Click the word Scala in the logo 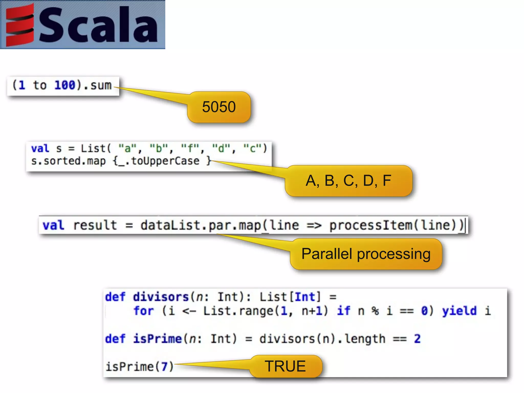(99, 25)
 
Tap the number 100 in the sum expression (65, 85)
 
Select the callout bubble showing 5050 (219, 107)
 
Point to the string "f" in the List (190, 148)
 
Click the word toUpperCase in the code (165, 161)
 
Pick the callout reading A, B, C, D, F (348, 181)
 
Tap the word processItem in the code (370, 225)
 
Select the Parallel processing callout (366, 254)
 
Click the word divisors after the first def (161, 297)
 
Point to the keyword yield (459, 311)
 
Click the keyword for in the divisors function (144, 311)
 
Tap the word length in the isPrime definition (365, 339)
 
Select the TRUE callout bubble (285, 366)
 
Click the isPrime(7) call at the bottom (140, 367)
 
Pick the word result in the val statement (95, 225)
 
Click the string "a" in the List (127, 148)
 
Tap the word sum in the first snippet (101, 85)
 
